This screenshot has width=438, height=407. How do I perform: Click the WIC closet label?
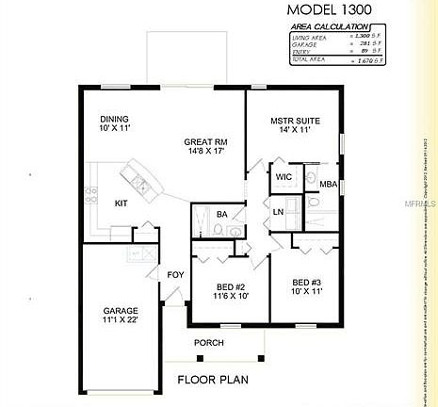point(284,176)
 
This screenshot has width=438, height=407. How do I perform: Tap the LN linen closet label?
point(279,212)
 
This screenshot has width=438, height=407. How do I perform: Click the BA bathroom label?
point(222,215)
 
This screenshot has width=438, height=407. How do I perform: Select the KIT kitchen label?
point(122,203)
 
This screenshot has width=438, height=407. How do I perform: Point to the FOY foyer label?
point(175,275)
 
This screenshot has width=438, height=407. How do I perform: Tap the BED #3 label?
point(307,283)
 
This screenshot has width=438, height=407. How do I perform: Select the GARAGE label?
point(121,311)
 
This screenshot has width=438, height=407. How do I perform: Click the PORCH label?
point(209,342)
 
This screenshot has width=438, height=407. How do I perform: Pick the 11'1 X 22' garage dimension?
point(121,322)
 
